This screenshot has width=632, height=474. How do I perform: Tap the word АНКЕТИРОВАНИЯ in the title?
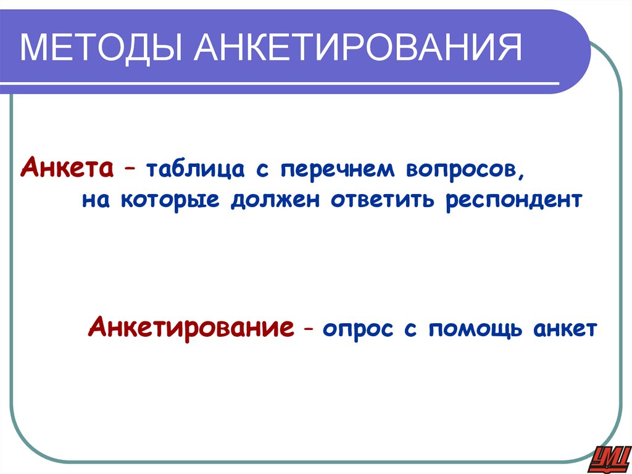(359, 49)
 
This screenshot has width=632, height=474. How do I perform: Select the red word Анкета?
(67, 168)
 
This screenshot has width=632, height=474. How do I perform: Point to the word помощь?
(472, 328)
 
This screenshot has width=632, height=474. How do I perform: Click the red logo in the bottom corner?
(608, 457)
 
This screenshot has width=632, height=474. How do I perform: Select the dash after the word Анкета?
(131, 170)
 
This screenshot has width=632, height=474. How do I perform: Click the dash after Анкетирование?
(307, 328)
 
